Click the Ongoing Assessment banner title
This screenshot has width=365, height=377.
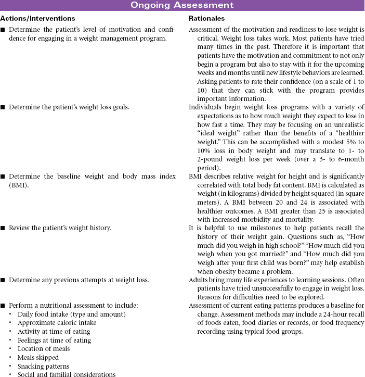[x=182, y=6]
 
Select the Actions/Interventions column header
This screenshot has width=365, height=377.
[x=37, y=18]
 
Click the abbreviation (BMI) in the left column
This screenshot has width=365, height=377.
[x=17, y=185]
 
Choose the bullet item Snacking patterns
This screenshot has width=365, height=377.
[x=43, y=366]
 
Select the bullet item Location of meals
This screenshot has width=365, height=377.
[x=41, y=349]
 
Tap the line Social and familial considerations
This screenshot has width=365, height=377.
[x=66, y=374]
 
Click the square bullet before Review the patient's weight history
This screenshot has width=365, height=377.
[x=3, y=228]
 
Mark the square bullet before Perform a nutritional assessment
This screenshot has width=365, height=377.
[x=3, y=305]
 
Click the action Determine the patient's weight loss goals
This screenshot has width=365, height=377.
[x=69, y=107]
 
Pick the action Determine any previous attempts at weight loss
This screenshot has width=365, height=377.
[x=79, y=280]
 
